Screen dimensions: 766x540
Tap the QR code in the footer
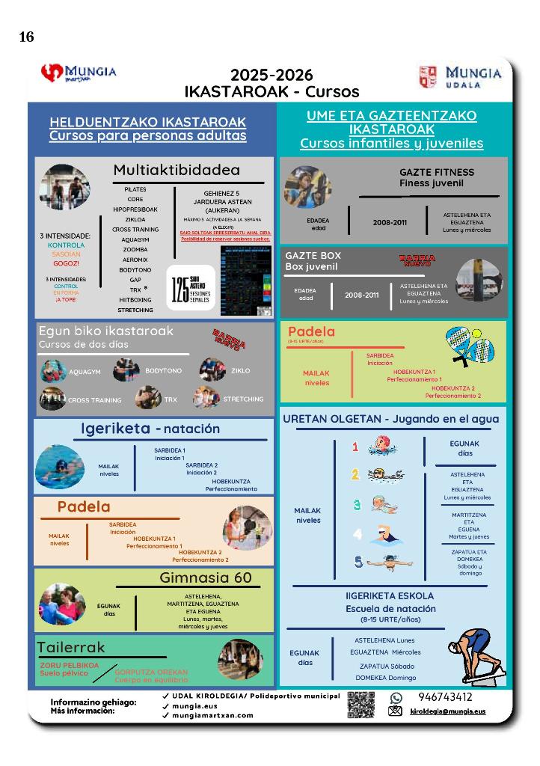click(360, 705)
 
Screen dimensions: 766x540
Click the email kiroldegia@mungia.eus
click(448, 711)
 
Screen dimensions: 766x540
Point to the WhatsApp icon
click(396, 697)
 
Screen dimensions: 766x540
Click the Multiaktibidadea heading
click(177, 171)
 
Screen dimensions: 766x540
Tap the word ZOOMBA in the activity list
click(135, 249)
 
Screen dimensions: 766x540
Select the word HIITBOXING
click(135, 299)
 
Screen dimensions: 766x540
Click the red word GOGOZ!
click(66, 263)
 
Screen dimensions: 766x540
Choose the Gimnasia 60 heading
click(206, 577)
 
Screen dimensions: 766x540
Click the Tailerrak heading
click(71, 647)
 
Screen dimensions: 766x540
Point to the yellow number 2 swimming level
click(356, 474)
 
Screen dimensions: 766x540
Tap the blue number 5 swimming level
click(358, 562)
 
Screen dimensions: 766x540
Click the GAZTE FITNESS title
click(436, 172)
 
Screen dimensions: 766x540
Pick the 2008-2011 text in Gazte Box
click(362, 295)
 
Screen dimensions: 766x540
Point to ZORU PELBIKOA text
click(70, 665)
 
